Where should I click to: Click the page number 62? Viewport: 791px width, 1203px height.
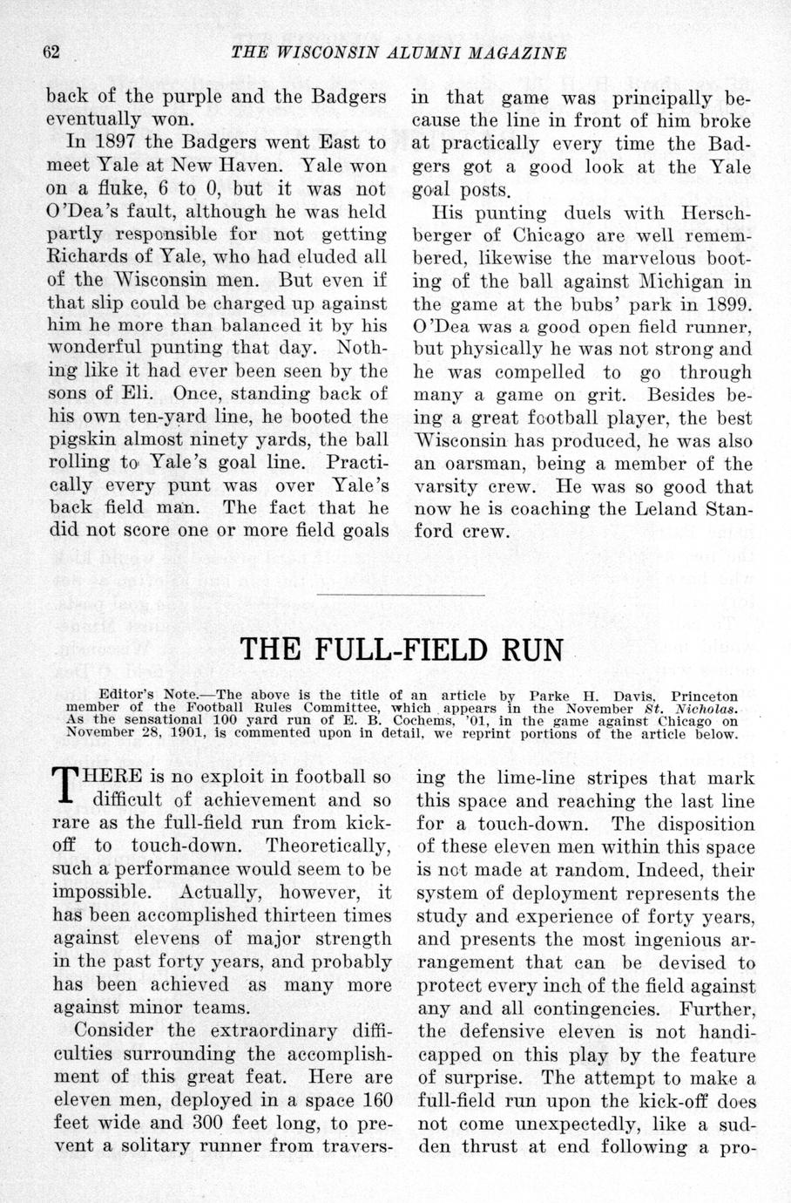[x=51, y=52]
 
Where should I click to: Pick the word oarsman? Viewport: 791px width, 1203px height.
[x=467, y=464]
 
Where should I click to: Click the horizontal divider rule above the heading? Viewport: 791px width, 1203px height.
[x=401, y=595]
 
